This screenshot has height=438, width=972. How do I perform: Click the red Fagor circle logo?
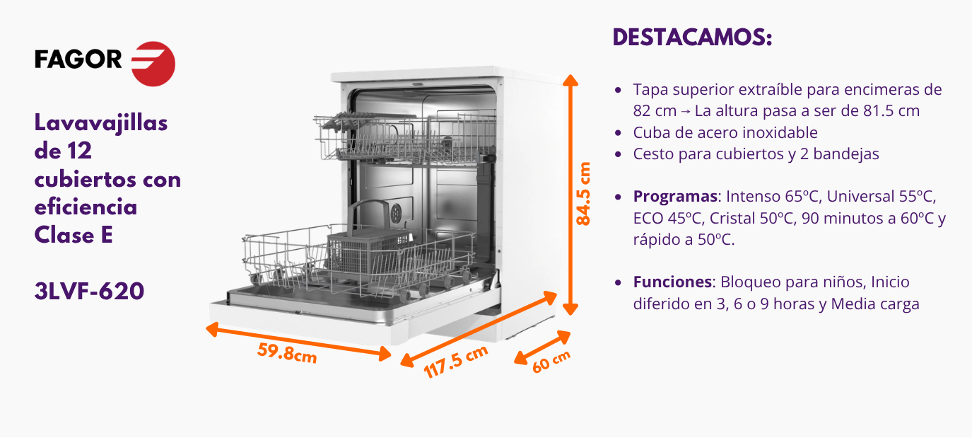(x=153, y=64)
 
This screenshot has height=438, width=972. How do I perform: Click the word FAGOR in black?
(x=78, y=59)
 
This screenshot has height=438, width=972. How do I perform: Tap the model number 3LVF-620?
(x=89, y=291)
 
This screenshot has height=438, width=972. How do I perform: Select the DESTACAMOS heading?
(x=693, y=37)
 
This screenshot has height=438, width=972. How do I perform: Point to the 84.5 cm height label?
(x=584, y=194)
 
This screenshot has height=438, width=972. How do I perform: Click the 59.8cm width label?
(x=287, y=353)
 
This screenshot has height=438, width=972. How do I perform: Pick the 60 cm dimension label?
(x=551, y=362)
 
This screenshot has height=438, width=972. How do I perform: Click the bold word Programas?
(x=675, y=197)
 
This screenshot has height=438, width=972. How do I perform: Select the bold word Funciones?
(x=672, y=282)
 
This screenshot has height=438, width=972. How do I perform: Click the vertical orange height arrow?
(x=570, y=195)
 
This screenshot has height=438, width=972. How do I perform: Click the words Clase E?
(x=74, y=235)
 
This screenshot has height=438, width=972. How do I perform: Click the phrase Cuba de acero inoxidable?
(x=725, y=132)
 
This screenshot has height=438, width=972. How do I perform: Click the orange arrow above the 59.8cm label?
(x=298, y=342)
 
